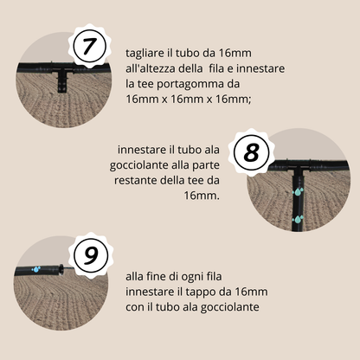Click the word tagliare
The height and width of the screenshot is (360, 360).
(x=146, y=53)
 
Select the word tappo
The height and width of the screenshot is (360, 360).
(x=227, y=291)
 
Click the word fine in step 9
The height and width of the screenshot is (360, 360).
(x=159, y=276)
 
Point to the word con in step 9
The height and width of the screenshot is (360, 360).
(x=136, y=306)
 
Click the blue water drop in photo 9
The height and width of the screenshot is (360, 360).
(x=36, y=269)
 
